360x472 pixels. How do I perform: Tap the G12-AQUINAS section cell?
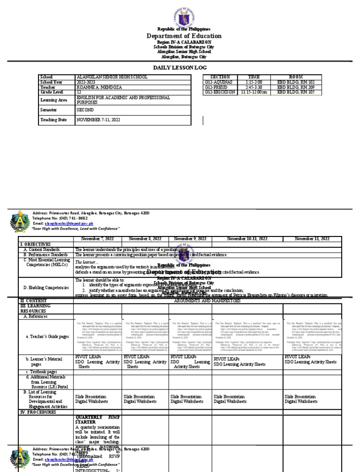[x=217, y=82]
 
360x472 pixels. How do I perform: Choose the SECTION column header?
[x=220, y=77]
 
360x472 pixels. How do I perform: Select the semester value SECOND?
[x=85, y=109]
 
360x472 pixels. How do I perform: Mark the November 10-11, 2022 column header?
[x=247, y=239]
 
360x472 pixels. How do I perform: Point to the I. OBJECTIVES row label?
[x=35, y=244]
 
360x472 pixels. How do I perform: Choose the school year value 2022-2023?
[x=85, y=82]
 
